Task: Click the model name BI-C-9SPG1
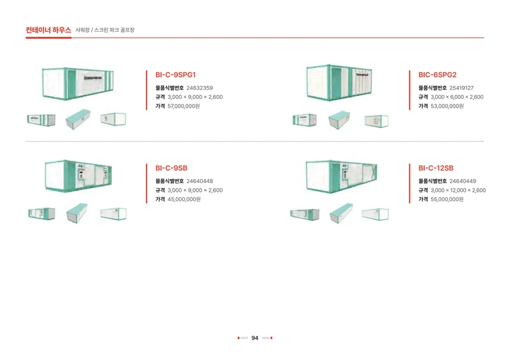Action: [175, 75]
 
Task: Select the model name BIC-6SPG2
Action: [437, 75]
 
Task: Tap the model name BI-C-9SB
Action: [171, 168]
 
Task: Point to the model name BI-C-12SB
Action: [436, 168]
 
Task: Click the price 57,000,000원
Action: [184, 106]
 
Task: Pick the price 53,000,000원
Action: [447, 106]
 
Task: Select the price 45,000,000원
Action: [184, 199]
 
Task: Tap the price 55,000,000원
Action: [447, 199]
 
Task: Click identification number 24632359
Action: [200, 88]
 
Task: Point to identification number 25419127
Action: [462, 88]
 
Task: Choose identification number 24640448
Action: [200, 181]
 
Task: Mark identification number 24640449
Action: [463, 181]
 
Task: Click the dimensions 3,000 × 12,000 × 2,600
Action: [458, 191]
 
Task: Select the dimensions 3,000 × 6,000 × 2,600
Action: [457, 97]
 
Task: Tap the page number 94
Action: [255, 338]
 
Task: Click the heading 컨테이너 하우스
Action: [48, 30]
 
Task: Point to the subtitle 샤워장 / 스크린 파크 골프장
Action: [105, 30]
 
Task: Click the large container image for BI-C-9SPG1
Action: [78, 83]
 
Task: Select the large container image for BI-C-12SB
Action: [342, 176]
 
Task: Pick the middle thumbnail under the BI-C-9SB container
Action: [77, 213]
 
